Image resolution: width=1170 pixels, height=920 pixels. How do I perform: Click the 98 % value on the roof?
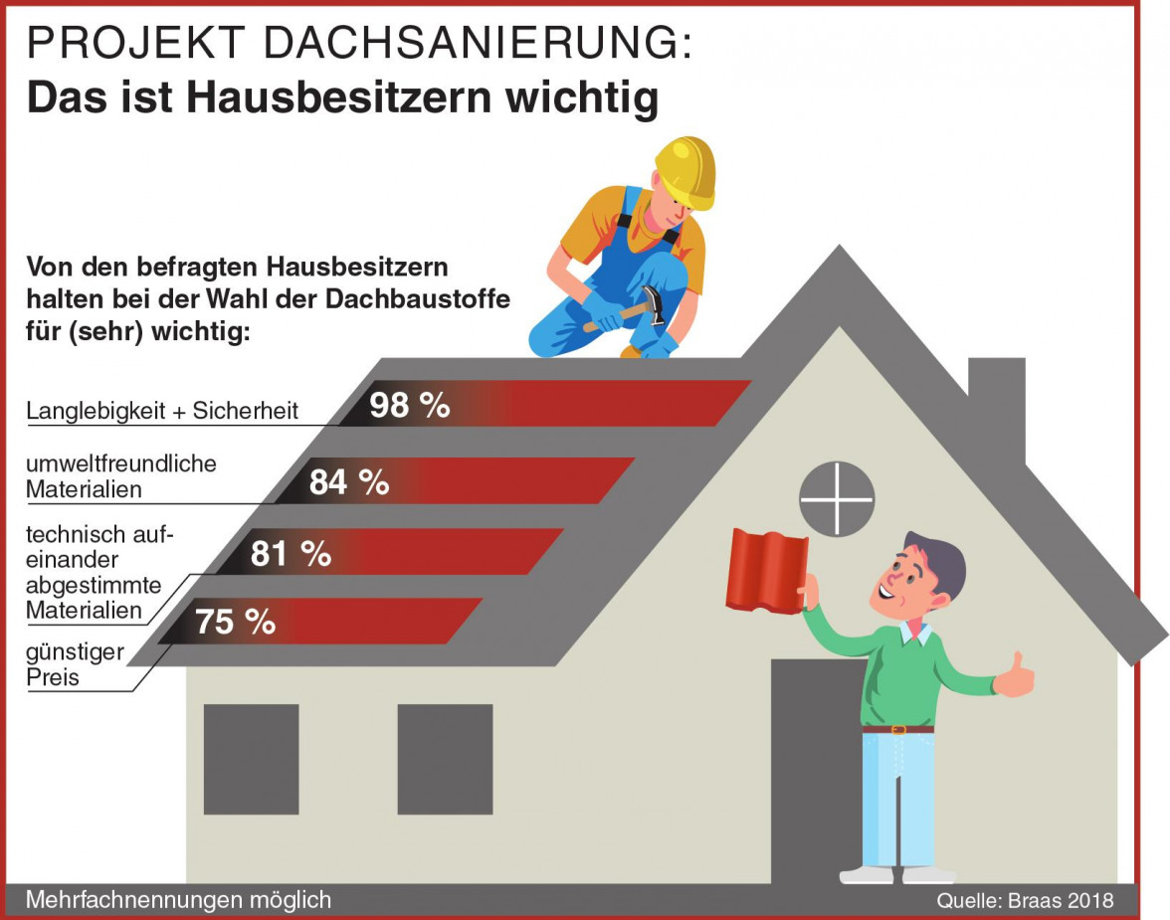coord(409,405)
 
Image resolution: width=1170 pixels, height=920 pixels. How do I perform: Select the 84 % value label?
coord(348,482)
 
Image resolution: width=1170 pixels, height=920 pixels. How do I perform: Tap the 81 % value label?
coord(291,554)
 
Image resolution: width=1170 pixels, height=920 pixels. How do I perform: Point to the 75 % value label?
coord(235,623)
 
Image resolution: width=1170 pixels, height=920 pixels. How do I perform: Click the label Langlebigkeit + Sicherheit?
coord(162,411)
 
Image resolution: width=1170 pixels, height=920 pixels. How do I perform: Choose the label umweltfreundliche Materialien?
coord(120,476)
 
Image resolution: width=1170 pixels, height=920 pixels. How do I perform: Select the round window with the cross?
coord(837,498)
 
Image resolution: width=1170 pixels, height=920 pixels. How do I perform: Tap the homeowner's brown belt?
coord(897,729)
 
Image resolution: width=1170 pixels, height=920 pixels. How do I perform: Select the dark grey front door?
coord(811,766)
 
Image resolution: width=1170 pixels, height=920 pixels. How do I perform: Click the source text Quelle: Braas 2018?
coord(1025,901)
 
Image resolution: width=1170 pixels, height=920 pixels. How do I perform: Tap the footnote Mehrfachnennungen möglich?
coord(178,900)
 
